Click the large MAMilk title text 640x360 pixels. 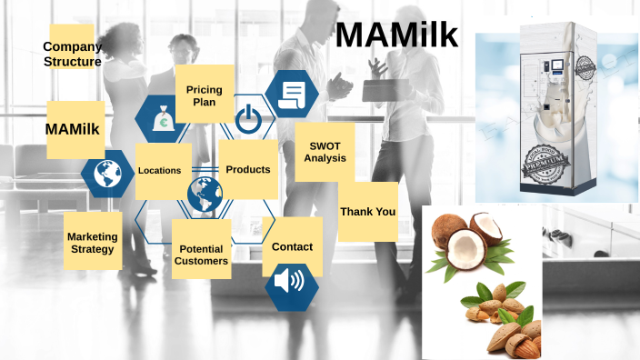[x=396, y=36]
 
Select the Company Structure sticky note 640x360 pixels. [x=72, y=54]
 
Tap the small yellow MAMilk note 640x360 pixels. [x=73, y=129]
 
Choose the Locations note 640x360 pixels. [x=160, y=170]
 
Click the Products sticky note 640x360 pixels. [x=248, y=169]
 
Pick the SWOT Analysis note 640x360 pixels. [x=325, y=152]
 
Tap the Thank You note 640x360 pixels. [x=367, y=212]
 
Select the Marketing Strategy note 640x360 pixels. [x=92, y=243]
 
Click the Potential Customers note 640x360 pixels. [x=202, y=255]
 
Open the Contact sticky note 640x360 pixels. [x=292, y=246]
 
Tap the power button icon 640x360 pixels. [x=247, y=119]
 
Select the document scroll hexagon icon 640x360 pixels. [x=293, y=93]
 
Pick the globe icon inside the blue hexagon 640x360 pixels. [x=107, y=173]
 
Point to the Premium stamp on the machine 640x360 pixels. [x=549, y=172]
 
